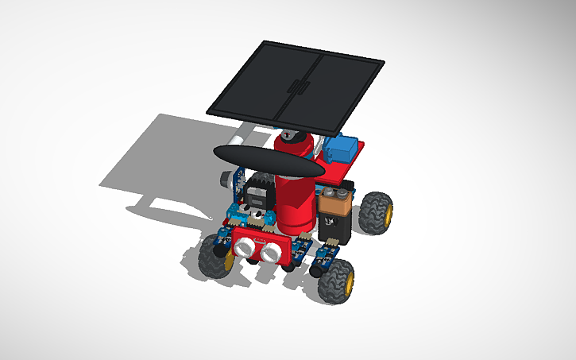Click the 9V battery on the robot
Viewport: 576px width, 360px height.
pos(333,215)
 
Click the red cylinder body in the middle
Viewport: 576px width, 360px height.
pos(293,199)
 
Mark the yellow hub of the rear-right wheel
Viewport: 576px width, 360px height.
pos(386,213)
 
